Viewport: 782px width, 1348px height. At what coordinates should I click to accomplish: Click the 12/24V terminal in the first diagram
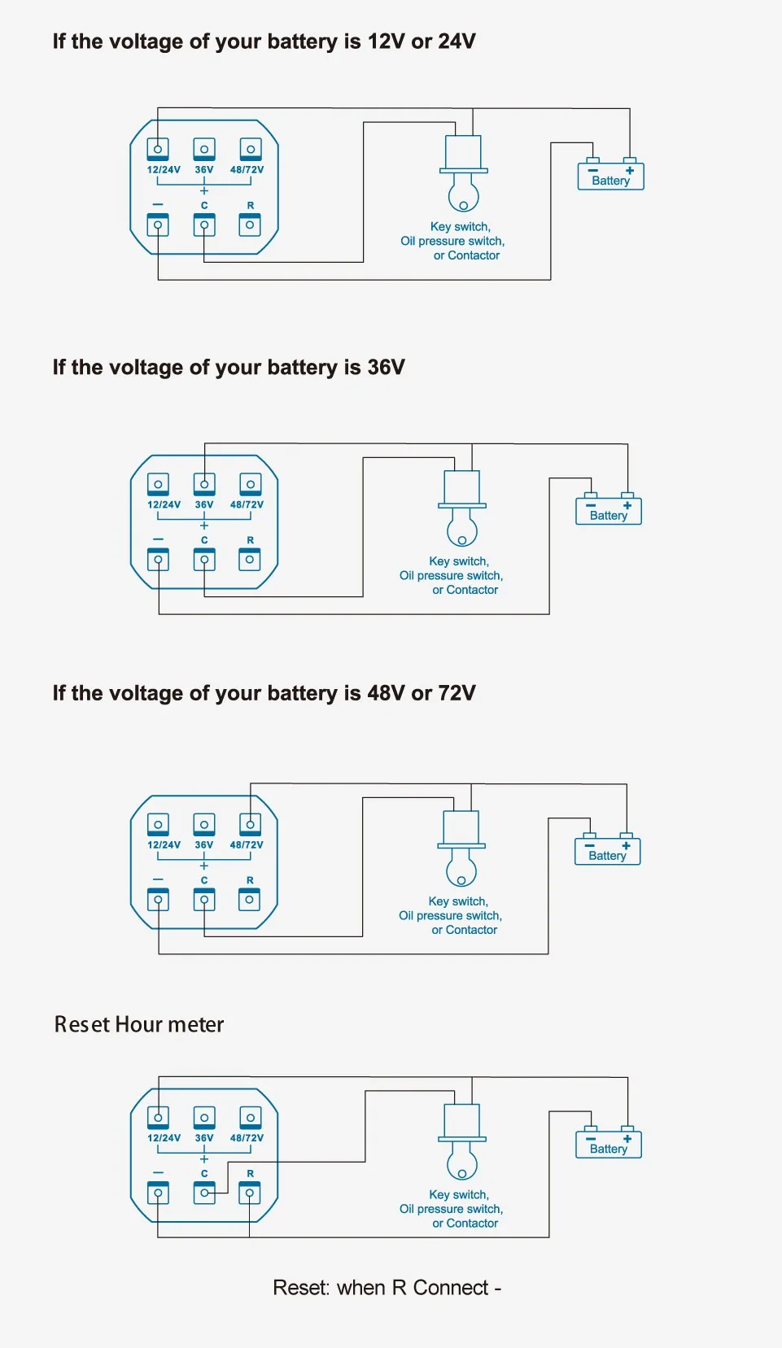[x=158, y=149]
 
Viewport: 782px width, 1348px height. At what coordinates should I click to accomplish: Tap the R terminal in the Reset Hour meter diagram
[x=250, y=1193]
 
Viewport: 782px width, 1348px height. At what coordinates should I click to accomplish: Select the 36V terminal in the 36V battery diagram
[x=204, y=484]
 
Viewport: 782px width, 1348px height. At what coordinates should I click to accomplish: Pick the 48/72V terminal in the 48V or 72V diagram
[x=250, y=824]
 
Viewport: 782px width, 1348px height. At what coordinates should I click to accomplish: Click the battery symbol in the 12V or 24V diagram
[x=610, y=176]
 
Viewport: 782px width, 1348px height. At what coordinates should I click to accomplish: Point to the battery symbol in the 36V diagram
[x=609, y=511]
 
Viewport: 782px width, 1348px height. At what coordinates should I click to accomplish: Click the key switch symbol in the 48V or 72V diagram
[x=461, y=848]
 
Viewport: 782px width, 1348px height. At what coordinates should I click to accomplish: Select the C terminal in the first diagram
[x=204, y=225]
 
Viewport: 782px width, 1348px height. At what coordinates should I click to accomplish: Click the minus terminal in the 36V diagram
[x=158, y=560]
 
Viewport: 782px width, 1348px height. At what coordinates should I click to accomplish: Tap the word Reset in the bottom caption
[x=300, y=1288]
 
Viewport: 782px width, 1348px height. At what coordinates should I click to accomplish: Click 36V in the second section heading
[x=386, y=368]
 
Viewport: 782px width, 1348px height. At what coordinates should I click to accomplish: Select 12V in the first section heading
[x=386, y=41]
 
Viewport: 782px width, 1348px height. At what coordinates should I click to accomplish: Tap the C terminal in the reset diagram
[x=204, y=1193]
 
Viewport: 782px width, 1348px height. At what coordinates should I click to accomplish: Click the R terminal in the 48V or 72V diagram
[x=250, y=900]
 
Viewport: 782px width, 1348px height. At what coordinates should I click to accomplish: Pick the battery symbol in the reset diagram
[x=609, y=1145]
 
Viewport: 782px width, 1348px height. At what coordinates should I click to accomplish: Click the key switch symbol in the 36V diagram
[x=462, y=508]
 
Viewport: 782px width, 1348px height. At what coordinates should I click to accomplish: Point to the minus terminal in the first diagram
[x=158, y=225]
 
